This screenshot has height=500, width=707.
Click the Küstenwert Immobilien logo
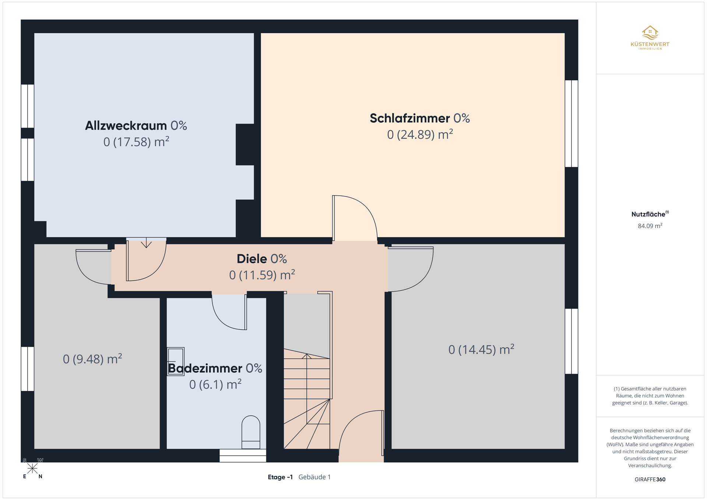coord(650,38)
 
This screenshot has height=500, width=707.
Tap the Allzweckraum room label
coord(136,126)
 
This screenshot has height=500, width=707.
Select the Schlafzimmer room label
coord(420,118)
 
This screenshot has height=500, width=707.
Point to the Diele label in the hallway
coord(262,259)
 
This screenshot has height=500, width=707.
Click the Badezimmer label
coord(215,368)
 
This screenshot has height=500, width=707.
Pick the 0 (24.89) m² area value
coord(420,134)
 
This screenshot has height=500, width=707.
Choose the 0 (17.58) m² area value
coord(136,142)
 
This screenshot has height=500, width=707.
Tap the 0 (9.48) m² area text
coord(92,359)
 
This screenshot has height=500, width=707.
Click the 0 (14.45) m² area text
coord(481,349)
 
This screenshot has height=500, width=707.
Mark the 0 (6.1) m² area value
coord(215,384)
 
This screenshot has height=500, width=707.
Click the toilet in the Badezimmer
coord(251,432)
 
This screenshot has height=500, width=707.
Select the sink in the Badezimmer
coord(176,361)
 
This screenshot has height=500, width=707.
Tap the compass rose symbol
coord(32,468)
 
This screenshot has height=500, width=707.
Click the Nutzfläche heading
coord(650,214)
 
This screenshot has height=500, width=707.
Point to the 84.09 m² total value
coord(650,226)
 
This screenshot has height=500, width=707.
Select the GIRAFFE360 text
coord(650,479)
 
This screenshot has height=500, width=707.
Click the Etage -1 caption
coord(280,477)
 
